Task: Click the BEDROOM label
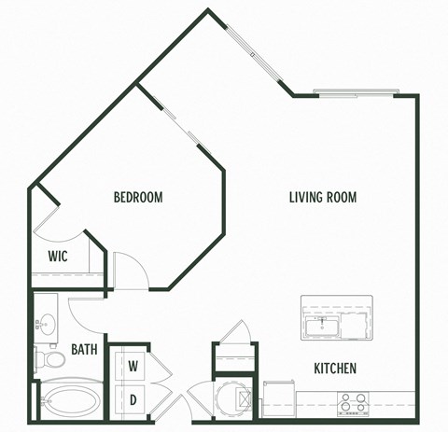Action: pyautogui.click(x=138, y=197)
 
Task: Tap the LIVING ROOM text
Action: pyautogui.click(x=322, y=197)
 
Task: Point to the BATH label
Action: pyautogui.click(x=86, y=352)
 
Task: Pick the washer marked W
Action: pyautogui.click(x=133, y=366)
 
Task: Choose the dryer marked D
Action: pyautogui.click(x=133, y=400)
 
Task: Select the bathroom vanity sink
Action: pyautogui.click(x=44, y=321)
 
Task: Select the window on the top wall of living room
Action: pyautogui.click(x=355, y=93)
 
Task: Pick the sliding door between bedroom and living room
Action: pyautogui.click(x=183, y=126)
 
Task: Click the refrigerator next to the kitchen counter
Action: pyautogui.click(x=278, y=397)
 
